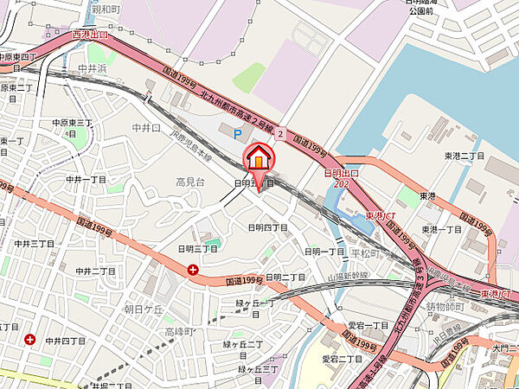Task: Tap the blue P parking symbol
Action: tap(237, 133)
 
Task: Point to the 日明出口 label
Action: tap(340, 173)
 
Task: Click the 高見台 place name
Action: tap(190, 182)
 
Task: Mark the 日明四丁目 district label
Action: tap(267, 227)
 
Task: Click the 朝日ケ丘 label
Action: tap(144, 308)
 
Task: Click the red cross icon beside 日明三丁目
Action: tap(192, 271)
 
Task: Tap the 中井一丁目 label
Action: tap(86, 179)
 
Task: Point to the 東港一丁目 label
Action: tap(442, 229)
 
